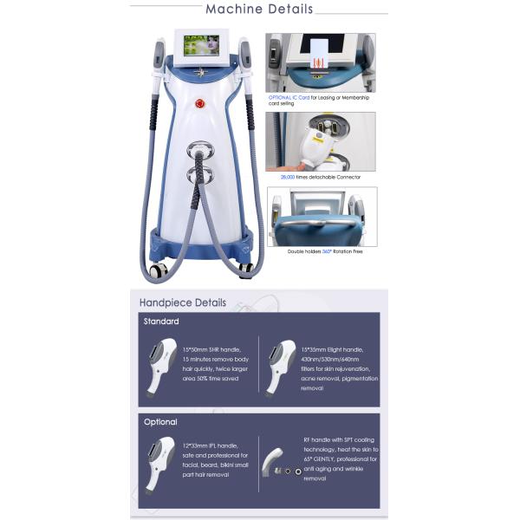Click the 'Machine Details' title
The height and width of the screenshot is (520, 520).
259,10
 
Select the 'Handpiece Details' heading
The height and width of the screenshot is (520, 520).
183,302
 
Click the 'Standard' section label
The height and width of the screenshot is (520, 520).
161,322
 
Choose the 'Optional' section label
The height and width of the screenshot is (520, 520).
160,422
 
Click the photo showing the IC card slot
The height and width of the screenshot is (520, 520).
320,62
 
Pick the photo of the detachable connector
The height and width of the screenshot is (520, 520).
320,141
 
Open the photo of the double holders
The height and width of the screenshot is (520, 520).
320,217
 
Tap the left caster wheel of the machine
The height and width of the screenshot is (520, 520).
157,271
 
